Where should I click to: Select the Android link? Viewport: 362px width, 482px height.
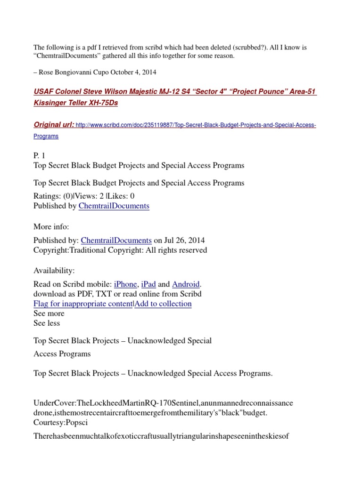186,284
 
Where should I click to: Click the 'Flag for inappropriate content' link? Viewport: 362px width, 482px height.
83,304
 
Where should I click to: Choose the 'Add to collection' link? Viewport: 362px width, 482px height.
163,304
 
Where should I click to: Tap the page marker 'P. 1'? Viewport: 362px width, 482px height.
41,156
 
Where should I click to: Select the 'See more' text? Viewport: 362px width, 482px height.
49,313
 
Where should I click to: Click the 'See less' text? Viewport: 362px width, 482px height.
47,323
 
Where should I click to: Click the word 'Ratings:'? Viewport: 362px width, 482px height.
48,196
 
